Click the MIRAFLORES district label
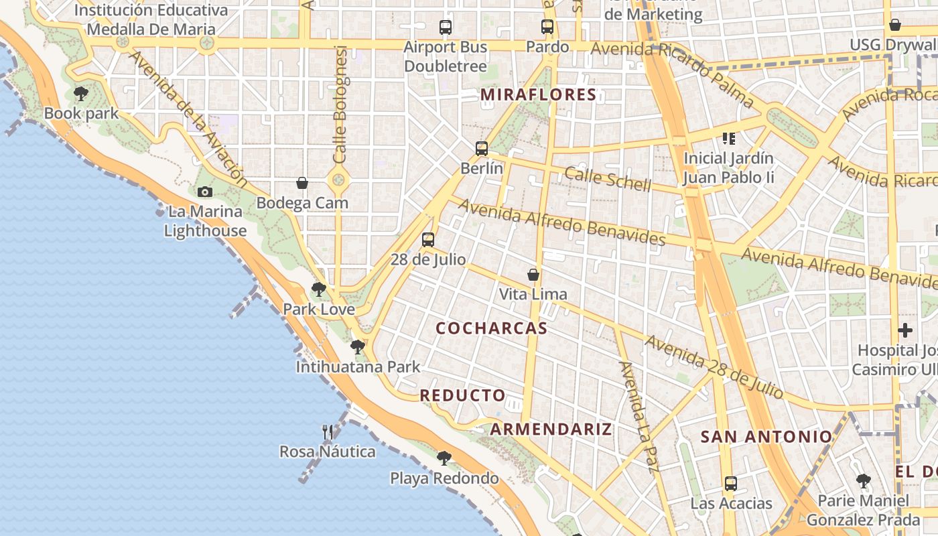coord(538,94)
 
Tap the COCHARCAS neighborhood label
coord(491,328)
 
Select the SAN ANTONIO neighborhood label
coord(766,437)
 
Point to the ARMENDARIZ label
coord(551,429)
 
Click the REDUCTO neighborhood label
coord(462,395)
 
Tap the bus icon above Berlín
coord(481,149)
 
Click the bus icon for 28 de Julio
coord(427,240)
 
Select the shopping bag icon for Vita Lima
coord(533,275)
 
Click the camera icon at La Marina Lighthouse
coord(205,192)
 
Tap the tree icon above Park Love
coord(319,289)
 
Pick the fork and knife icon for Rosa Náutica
coord(328,432)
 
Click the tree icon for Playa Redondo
coord(444,459)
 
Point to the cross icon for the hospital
coord(905,330)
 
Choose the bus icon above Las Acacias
coord(730,484)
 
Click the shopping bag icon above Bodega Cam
coord(302,183)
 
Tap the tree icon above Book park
coord(81,94)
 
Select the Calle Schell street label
coord(607,179)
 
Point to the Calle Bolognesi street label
coord(340,104)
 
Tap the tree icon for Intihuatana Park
coord(358,347)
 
